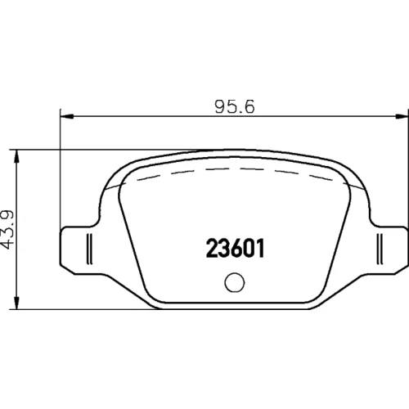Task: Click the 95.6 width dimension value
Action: click(235, 106)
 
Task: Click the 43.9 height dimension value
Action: click(7, 229)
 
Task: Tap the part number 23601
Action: click(235, 248)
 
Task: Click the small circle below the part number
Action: click(235, 282)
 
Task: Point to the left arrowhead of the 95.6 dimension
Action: click(67, 116)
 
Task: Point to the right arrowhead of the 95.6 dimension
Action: click(402, 116)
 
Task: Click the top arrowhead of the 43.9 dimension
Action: click(17, 156)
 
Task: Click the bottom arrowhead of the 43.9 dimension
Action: click(17, 303)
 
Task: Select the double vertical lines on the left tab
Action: click(90, 249)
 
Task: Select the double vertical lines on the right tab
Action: click(380, 249)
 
